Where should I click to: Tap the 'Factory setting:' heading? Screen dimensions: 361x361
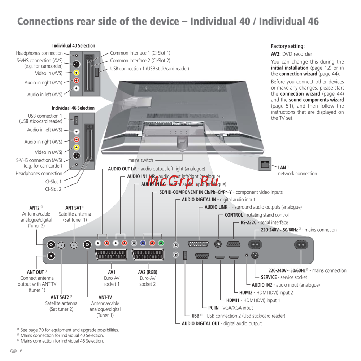click(x=288, y=46)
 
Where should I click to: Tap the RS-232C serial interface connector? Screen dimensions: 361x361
click(x=234, y=244)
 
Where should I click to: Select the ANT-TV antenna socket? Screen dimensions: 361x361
click(x=87, y=245)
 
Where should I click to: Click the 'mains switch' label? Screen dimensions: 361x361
click(x=140, y=160)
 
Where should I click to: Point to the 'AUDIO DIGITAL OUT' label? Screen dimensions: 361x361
click(x=200, y=323)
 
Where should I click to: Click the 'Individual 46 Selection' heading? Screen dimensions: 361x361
click(x=73, y=108)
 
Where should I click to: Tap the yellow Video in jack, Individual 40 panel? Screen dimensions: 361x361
click(x=77, y=73)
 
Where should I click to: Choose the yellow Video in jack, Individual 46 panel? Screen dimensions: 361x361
click(x=77, y=147)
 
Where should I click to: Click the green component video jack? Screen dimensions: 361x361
click(x=161, y=243)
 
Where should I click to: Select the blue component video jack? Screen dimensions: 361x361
click(x=143, y=243)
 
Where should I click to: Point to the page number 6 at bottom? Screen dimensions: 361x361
click(x=21, y=351)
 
